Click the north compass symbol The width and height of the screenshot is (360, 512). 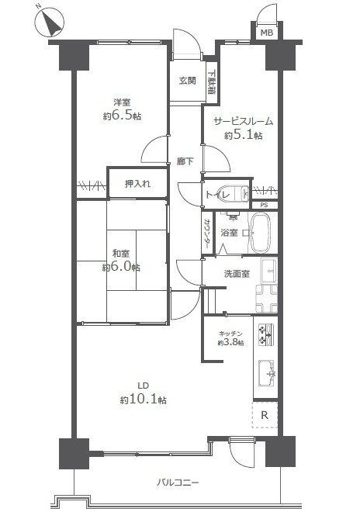coord(50,22)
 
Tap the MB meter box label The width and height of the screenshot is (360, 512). coord(266,33)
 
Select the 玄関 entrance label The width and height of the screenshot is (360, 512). coord(188,81)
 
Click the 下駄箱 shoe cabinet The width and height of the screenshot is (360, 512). coord(211,82)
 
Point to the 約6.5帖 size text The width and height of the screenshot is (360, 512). coord(122,116)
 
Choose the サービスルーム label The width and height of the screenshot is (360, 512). coord(243,122)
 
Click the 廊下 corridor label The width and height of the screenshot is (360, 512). coord(185,161)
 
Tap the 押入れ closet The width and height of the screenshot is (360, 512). coord(137,183)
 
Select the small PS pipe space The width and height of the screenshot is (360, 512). coord(265,205)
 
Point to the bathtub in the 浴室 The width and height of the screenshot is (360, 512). coord(261,232)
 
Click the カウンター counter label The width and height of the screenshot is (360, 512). coord(207,232)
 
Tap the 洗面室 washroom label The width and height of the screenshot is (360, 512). coord(237,274)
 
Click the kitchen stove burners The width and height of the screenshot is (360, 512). coord(266,334)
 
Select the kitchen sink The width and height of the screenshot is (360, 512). coord(267,372)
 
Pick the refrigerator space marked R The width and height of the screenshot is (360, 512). coord(265,415)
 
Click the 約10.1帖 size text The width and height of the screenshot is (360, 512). coord(143,400)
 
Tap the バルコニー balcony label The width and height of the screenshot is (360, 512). coord(178,482)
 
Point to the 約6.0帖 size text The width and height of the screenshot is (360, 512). coord(121,267)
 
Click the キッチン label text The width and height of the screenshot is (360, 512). coord(230,334)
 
